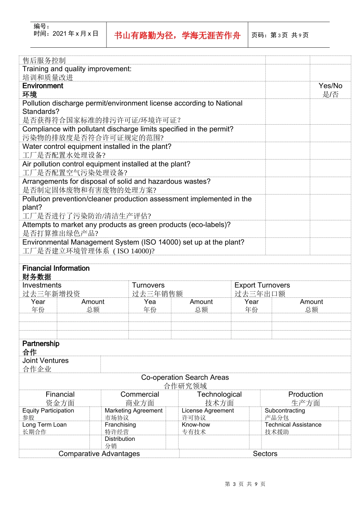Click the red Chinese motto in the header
(x=177, y=35)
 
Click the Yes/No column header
(x=330, y=86)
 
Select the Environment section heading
(x=43, y=86)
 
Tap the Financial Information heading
(x=56, y=268)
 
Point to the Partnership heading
(x=41, y=343)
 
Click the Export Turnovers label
(x=262, y=285)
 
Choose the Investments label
(x=42, y=285)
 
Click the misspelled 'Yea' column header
(x=150, y=302)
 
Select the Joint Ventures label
(x=45, y=361)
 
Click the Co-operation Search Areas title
(x=185, y=377)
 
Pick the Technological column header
(x=219, y=394)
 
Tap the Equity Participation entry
(x=48, y=411)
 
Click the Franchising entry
(x=120, y=425)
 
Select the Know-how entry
(x=196, y=425)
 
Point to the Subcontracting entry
(x=285, y=411)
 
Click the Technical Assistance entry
(x=293, y=425)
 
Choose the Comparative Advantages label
(x=99, y=453)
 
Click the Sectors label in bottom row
(x=265, y=453)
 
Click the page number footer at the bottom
(x=245, y=484)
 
